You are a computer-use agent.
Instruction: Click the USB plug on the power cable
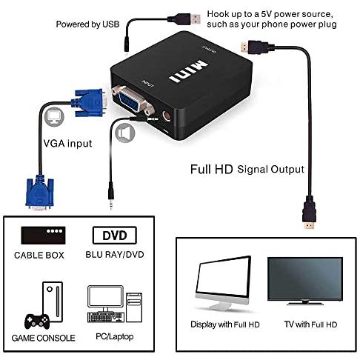184,19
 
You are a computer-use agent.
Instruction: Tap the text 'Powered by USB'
87,24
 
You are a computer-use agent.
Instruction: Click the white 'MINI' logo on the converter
188,71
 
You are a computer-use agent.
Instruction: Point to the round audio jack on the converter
167,116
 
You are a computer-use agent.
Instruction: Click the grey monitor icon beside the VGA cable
54,117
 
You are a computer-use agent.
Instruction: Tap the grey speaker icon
125,133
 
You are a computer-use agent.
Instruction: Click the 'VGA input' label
67,144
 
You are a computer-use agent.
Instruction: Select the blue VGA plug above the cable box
39,193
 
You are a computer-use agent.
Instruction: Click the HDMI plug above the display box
309,212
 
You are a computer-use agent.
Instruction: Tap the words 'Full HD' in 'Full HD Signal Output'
212,170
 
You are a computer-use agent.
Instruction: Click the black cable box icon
43,236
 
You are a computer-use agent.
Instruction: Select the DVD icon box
115,236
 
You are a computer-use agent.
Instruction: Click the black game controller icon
37,321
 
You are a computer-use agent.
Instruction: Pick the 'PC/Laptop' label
115,336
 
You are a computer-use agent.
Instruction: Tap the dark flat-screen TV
305,281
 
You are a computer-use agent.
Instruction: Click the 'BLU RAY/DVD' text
115,255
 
